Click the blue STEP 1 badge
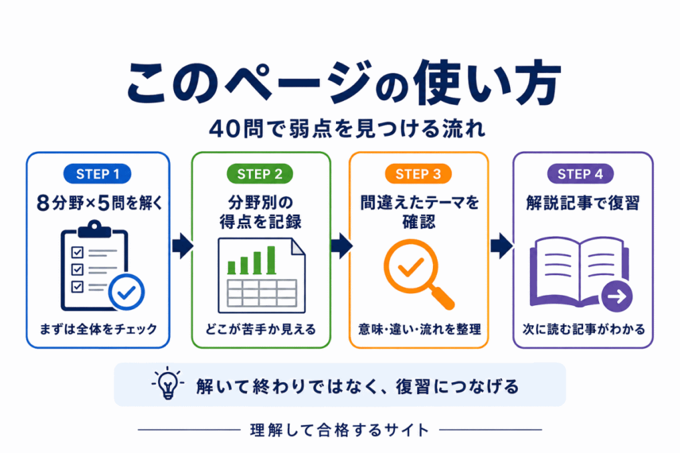[x=97, y=174]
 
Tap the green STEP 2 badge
[x=260, y=174]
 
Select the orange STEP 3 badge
[x=418, y=174]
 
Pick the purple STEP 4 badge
[x=580, y=174]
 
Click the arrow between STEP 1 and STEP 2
[x=183, y=245]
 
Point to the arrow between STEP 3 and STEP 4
[x=502, y=245]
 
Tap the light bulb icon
[x=168, y=383]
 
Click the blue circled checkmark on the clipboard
[x=126, y=292]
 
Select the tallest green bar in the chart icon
[x=272, y=260]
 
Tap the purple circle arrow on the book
[x=617, y=296]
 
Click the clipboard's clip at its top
[x=94, y=229]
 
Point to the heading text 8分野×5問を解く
[x=100, y=203]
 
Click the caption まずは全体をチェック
[x=98, y=329]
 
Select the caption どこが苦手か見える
[x=260, y=329]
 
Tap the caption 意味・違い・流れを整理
[x=420, y=329]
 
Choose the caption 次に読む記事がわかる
[x=584, y=329]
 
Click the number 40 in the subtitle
[x=224, y=129]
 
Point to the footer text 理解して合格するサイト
[x=339, y=430]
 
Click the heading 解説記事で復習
[x=583, y=203]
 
